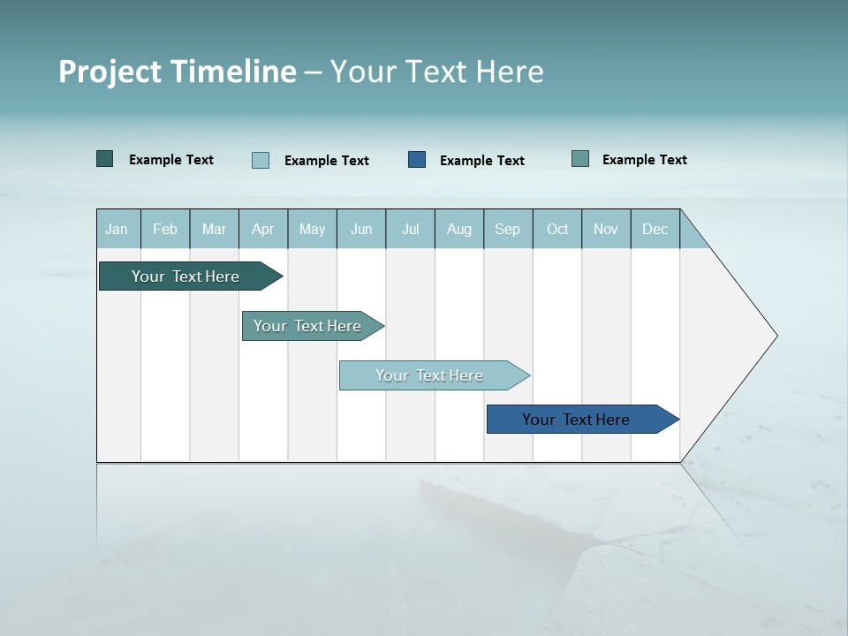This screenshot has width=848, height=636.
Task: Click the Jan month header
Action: (x=117, y=230)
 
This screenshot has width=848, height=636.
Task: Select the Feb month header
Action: (x=165, y=230)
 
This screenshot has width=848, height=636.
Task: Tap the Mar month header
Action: (x=214, y=230)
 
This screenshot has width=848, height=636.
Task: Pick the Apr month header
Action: (x=262, y=230)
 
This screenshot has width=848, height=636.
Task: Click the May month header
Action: (x=312, y=230)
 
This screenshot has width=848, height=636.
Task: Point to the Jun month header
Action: (x=361, y=230)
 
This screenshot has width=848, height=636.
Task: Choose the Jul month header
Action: (x=410, y=230)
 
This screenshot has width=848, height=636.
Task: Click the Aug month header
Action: (x=458, y=230)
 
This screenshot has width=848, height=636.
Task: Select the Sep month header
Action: (x=507, y=230)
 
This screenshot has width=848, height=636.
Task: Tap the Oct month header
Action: (x=557, y=230)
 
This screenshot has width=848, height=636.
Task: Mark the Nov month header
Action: (x=606, y=230)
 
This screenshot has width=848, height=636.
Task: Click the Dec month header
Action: (x=655, y=230)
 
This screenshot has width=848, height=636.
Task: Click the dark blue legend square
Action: (x=417, y=160)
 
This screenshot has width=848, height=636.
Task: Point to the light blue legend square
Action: (x=261, y=160)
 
